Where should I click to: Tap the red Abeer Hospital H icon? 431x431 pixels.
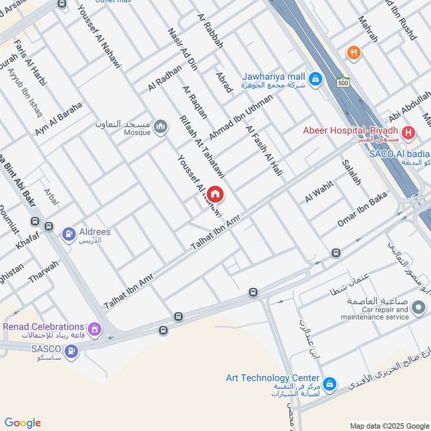pos(409,131)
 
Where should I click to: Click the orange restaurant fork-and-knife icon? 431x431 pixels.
pos(354,52)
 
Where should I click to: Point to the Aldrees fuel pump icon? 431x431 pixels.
pos(68,234)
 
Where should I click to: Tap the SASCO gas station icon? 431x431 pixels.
pos(71,352)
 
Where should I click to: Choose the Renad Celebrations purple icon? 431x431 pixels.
pos(95,328)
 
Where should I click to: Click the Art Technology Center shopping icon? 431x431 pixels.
pos(330,384)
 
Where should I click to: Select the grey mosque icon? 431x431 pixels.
pos(160,127)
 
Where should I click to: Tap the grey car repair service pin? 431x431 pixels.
pos(418,308)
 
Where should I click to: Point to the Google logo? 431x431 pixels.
pos(23,423)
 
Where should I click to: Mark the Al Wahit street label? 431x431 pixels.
pos(319,192)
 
